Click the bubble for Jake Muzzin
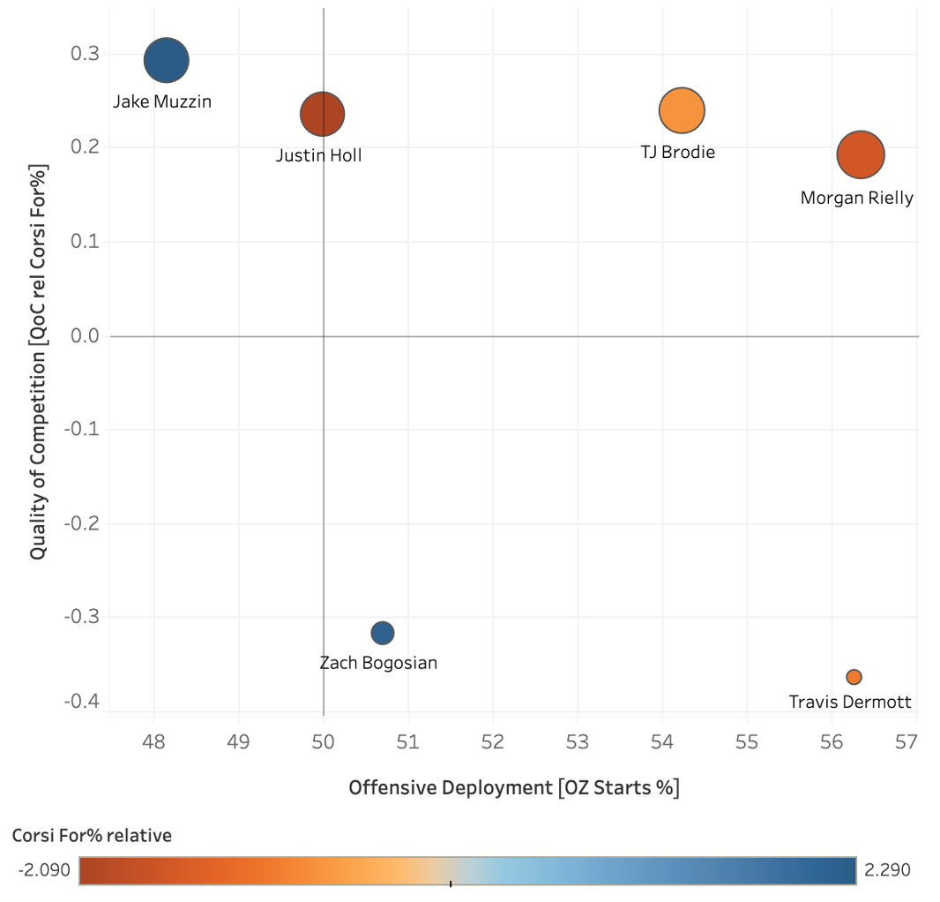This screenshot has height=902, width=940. point(166,61)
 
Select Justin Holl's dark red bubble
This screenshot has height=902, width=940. point(322,114)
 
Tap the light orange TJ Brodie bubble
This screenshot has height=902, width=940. point(681,110)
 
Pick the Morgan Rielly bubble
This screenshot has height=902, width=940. point(860,154)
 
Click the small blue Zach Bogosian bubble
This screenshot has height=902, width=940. point(382,633)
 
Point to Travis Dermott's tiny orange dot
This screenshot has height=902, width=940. point(853,677)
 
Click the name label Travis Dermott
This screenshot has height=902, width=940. point(850,703)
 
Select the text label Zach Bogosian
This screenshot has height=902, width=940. point(377,663)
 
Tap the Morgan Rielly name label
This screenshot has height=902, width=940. point(856,198)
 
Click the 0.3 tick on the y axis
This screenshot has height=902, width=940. point(85,54)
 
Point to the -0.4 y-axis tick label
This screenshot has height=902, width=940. point(81,702)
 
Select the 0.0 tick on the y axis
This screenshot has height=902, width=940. point(85,336)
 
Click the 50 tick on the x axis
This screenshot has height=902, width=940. point(324,741)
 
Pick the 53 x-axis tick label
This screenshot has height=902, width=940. point(577,741)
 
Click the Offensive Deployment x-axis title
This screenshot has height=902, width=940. point(514,787)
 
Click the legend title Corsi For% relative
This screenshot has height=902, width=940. point(92,835)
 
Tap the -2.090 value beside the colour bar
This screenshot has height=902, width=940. point(44,870)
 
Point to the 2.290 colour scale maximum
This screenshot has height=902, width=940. point(886,870)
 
